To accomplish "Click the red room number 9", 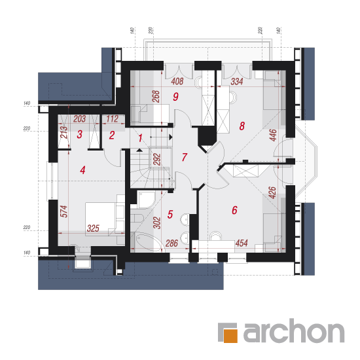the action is tap(175, 97).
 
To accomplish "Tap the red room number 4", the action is tap(82, 170).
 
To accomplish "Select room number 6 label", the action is tap(234, 210).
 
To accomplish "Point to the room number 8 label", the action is tap(242, 126).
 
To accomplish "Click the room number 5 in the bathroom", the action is tap(170, 214).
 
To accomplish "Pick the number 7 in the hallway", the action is tap(185, 157).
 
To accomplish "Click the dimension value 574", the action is tap(64, 211).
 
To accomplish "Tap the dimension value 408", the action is tap(177, 81).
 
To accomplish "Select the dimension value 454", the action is tap(242, 243).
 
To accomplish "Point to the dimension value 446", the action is tap(273, 135).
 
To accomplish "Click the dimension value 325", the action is tap(93, 228).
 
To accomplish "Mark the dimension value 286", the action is tap(171, 243).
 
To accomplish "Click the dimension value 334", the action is tap(237, 82).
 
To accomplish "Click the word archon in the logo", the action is tap(294, 331).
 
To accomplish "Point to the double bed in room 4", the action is tap(100, 219).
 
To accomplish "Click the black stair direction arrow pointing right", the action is tap(171, 137).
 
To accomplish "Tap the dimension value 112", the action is tap(112, 119).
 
